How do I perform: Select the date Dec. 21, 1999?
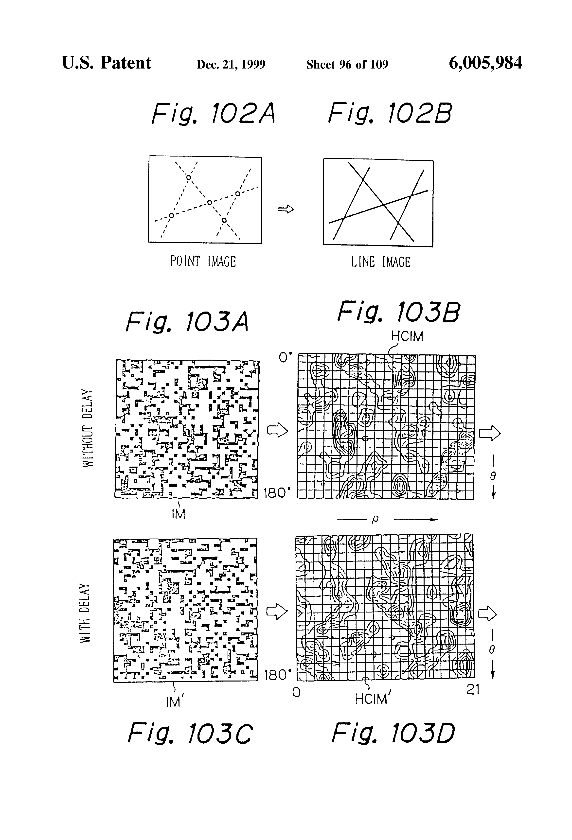click(231, 64)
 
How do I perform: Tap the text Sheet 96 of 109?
click(347, 64)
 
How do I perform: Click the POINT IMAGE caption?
click(203, 261)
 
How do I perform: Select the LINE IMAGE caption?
click(381, 262)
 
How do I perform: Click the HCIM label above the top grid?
click(407, 336)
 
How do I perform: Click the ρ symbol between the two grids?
click(375, 519)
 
